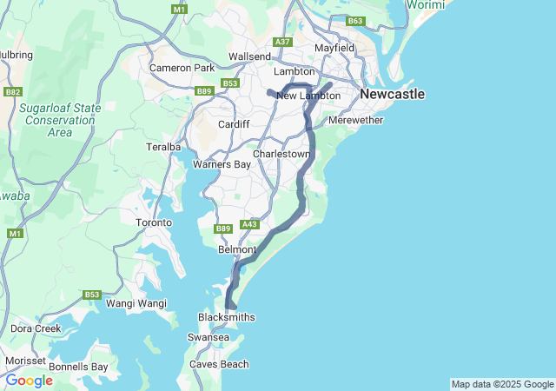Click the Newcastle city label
coord(392,94)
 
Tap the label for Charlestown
coord(281,154)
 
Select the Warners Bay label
coord(222,164)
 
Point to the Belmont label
coord(237,249)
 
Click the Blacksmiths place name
coord(227,318)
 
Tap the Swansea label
coord(209,337)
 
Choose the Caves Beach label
coord(222,365)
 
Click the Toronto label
coord(154,223)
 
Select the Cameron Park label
coord(182,68)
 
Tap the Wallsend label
coord(249,56)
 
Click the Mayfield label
coord(334,48)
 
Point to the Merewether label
coord(355,120)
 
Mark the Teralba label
coord(162,147)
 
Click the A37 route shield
coord(281,42)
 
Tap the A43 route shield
coord(250,224)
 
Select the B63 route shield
coord(354,21)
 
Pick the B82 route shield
coord(13,91)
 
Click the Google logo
coord(29,381)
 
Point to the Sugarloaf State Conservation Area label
coord(60,120)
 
